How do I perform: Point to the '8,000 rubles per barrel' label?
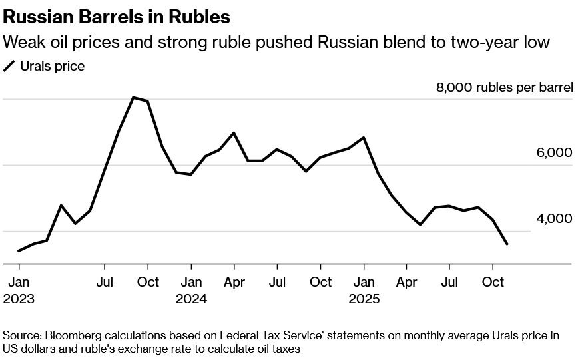504,87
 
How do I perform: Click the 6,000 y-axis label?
554,153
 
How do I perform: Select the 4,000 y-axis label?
554,218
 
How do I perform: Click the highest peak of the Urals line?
133,98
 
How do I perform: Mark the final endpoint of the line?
507,244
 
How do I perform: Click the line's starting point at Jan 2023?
18,251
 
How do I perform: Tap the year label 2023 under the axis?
19,299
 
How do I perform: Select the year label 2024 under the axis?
191,299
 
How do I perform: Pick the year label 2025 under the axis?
364,299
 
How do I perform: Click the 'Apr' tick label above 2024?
234,282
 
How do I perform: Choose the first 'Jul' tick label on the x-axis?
105,282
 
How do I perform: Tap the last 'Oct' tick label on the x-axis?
493,282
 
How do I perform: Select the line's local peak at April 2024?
234,133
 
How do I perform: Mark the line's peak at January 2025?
364,138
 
